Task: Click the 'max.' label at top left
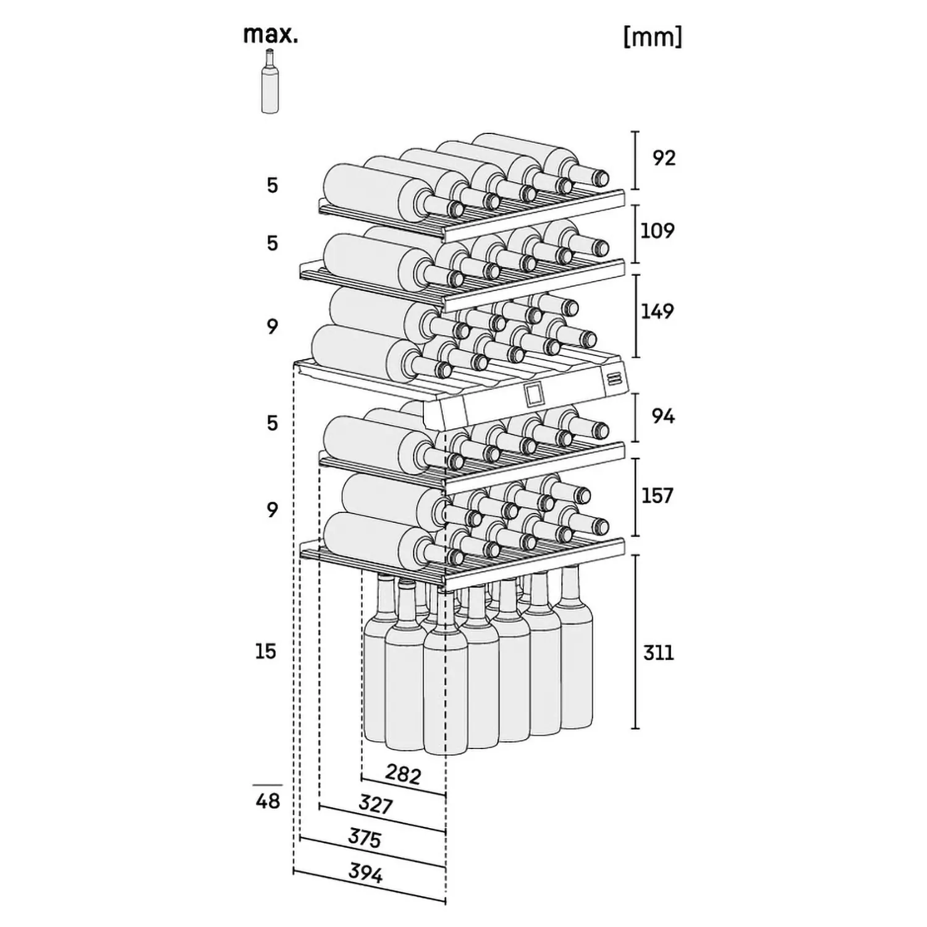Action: point(271,35)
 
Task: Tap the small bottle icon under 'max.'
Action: point(269,82)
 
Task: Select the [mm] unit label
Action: point(653,37)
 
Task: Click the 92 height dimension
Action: point(664,158)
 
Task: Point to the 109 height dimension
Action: point(658,231)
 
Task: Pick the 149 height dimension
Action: point(657,311)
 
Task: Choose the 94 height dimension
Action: point(663,417)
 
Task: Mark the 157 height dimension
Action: point(657,496)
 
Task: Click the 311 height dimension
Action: point(658,653)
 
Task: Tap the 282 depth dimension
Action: point(403,774)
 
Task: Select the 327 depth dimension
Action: point(376,804)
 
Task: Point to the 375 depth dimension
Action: point(365,837)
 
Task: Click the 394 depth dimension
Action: point(366,873)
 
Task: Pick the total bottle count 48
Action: point(268,801)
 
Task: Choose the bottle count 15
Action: point(266,651)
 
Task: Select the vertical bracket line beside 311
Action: point(637,641)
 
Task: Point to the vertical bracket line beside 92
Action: point(635,160)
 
